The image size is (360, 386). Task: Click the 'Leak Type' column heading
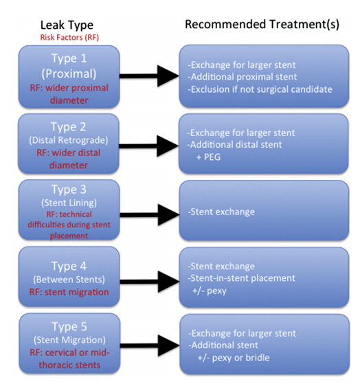pyautogui.click(x=67, y=25)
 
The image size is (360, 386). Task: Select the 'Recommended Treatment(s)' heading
pyautogui.click(x=262, y=25)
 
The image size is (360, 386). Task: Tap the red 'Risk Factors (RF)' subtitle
pyautogui.click(x=69, y=37)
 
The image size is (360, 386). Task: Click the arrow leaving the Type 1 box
pyautogui.click(x=149, y=76)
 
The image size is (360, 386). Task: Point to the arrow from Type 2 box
pyautogui.click(x=148, y=146)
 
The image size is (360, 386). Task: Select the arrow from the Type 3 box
pyautogui.click(x=150, y=215)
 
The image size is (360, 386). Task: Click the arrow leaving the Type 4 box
pyautogui.click(x=150, y=282)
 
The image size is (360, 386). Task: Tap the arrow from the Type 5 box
pyautogui.click(x=150, y=345)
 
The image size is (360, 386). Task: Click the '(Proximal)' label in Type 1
pyautogui.click(x=69, y=74)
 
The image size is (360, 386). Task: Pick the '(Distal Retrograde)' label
pyautogui.click(x=69, y=140)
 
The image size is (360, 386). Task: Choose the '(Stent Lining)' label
pyautogui.click(x=69, y=203)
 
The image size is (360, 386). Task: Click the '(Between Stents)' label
pyautogui.click(x=69, y=280)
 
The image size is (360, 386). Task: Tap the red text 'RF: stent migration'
pyautogui.click(x=69, y=292)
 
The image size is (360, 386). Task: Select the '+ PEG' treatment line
pyautogui.click(x=209, y=157)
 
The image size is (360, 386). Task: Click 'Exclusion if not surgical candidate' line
pyautogui.click(x=260, y=89)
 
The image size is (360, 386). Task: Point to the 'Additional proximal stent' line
pyautogui.click(x=243, y=77)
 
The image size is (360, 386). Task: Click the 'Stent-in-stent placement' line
pyautogui.click(x=242, y=278)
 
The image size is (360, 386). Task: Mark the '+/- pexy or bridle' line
pyautogui.click(x=234, y=358)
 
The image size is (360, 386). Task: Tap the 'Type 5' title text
pyautogui.click(x=69, y=327)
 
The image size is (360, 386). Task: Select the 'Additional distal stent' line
pyautogui.click(x=234, y=144)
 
